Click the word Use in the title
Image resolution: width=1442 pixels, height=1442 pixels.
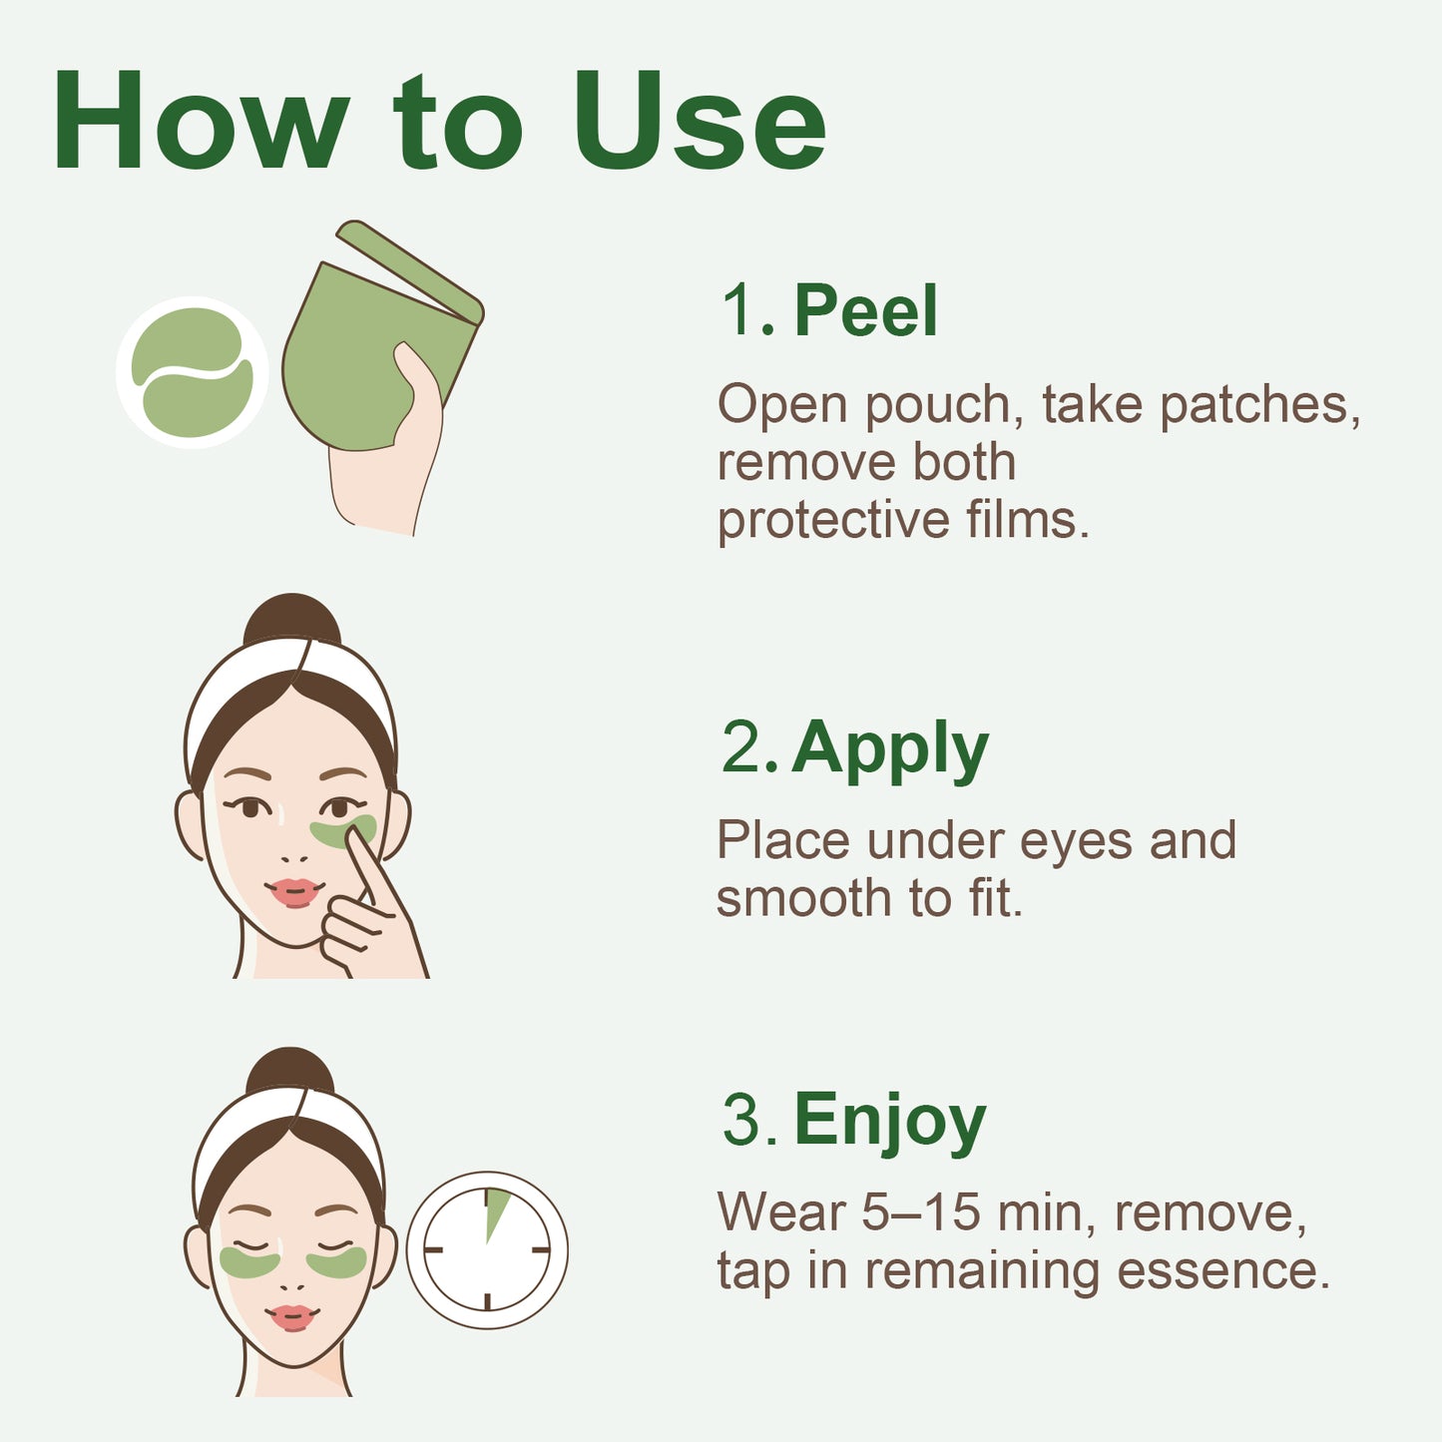(x=699, y=123)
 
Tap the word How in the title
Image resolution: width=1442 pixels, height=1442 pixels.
(x=200, y=123)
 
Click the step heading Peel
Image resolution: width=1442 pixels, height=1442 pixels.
(x=865, y=310)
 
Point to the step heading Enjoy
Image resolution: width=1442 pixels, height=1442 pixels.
(x=889, y=1121)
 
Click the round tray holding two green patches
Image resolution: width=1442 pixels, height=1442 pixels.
(x=192, y=372)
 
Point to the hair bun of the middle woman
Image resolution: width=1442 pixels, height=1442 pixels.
(x=291, y=621)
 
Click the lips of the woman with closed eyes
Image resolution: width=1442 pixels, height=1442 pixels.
(x=291, y=1317)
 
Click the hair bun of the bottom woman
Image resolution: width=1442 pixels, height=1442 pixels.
(x=289, y=1073)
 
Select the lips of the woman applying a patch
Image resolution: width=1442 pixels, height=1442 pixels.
(x=293, y=891)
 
